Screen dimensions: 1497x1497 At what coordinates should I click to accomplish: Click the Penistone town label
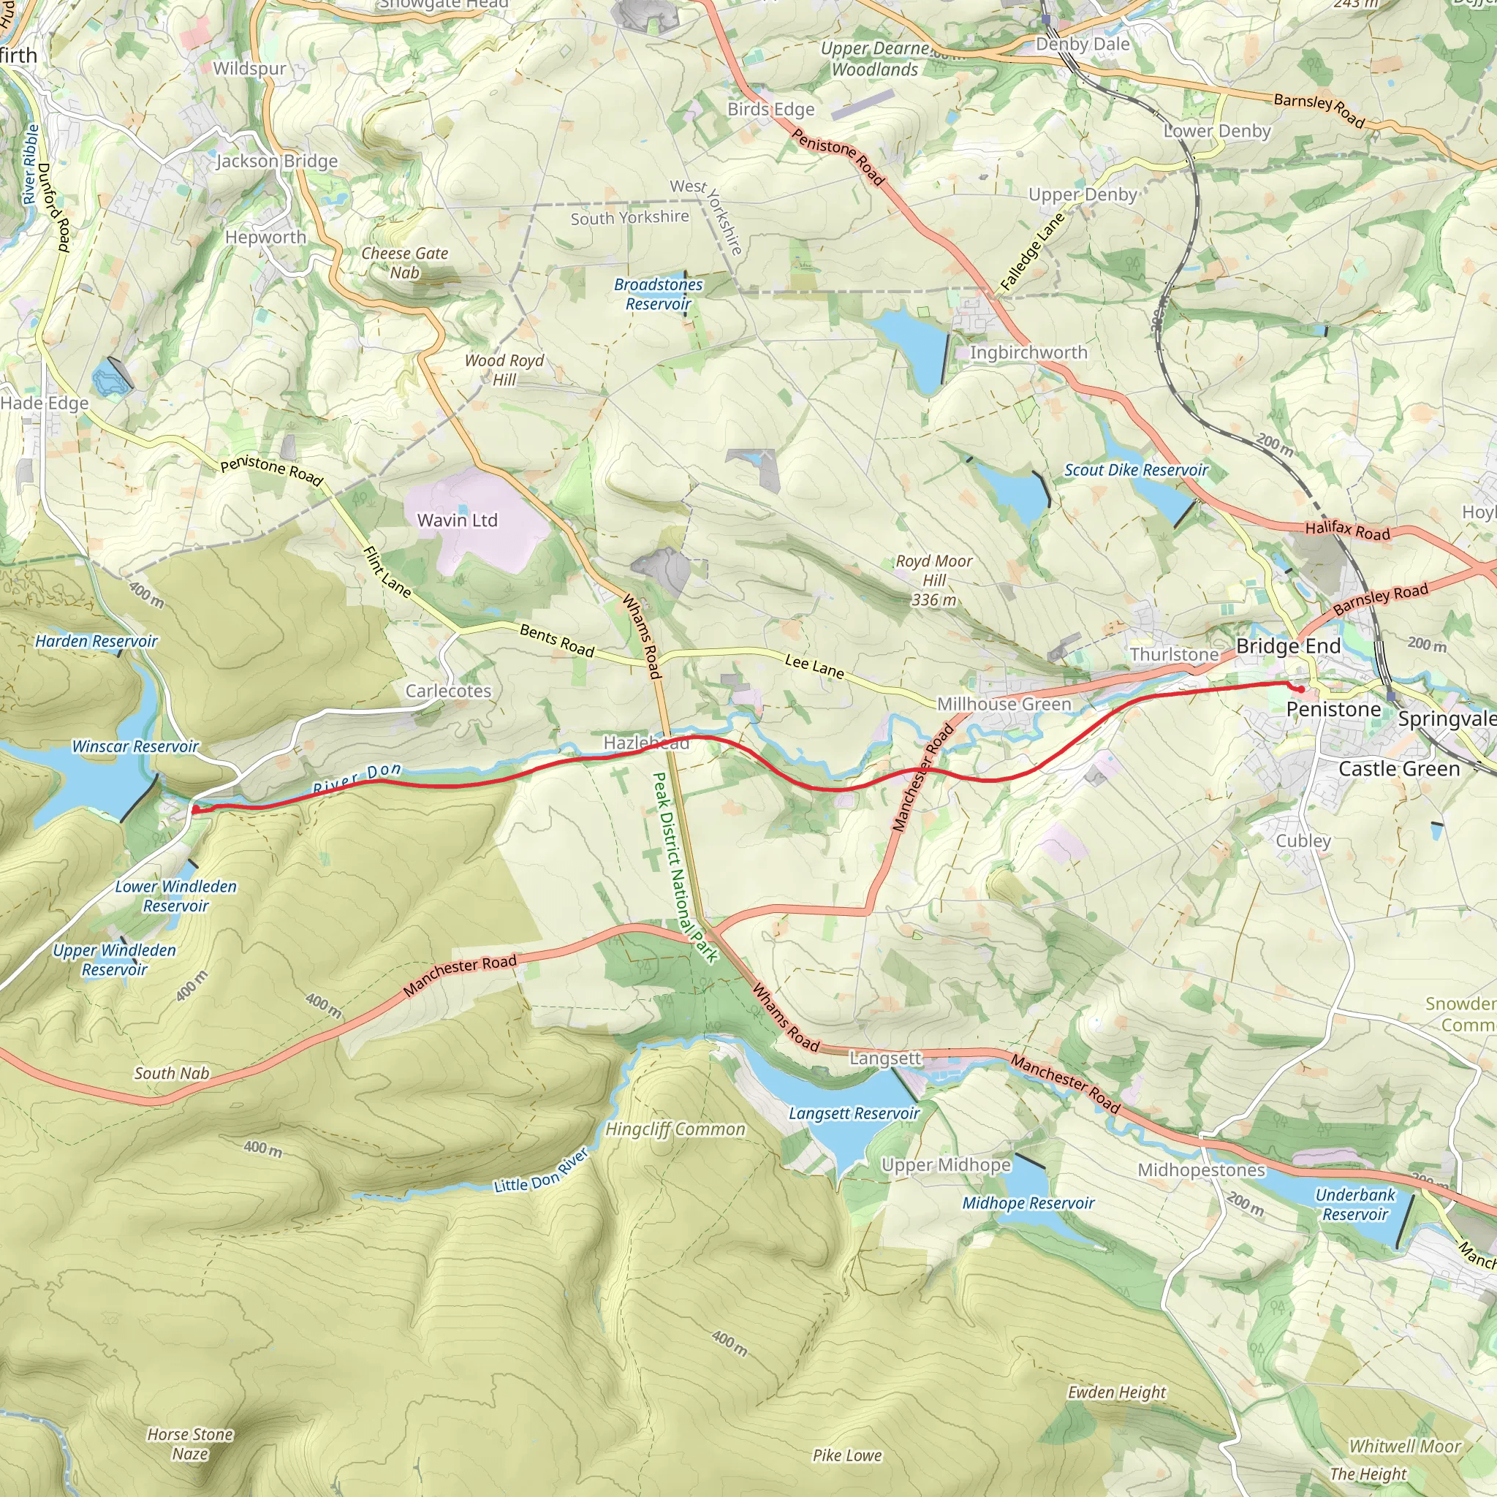click(x=1333, y=710)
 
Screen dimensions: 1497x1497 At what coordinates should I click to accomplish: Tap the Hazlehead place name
click(x=645, y=743)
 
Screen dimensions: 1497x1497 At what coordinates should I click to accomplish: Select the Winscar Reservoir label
click(x=136, y=746)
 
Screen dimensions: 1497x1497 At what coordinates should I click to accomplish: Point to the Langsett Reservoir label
click(x=854, y=1113)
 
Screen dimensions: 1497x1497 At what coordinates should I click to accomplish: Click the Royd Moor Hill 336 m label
click(x=933, y=580)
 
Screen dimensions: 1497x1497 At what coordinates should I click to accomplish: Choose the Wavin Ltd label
click(x=457, y=520)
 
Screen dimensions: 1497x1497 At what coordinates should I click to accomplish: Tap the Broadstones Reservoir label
click(x=658, y=295)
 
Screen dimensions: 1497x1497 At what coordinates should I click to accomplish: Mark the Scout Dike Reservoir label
click(x=1135, y=470)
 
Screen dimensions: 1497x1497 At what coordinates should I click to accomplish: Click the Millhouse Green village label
click(x=1004, y=705)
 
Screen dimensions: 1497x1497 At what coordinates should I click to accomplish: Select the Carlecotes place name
click(x=448, y=691)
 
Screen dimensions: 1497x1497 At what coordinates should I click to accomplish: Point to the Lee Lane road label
click(x=814, y=667)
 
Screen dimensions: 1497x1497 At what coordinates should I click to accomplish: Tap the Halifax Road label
click(x=1347, y=531)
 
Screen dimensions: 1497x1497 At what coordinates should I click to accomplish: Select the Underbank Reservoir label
click(x=1354, y=1205)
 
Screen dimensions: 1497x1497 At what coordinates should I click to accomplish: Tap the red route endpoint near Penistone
click(x=1302, y=689)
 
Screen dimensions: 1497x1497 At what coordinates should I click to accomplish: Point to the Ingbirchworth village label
click(x=1028, y=352)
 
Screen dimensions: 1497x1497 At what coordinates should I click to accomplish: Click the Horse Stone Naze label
click(x=190, y=1444)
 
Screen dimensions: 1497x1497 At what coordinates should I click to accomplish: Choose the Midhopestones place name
click(x=1201, y=1170)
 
